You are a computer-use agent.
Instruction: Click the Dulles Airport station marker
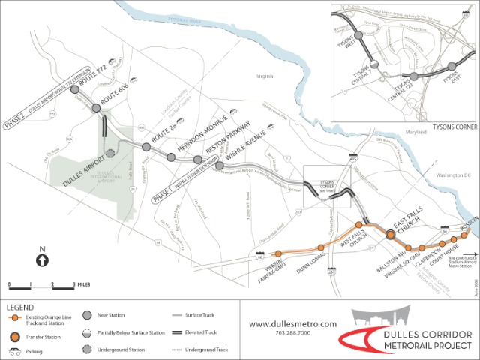[x=111, y=153]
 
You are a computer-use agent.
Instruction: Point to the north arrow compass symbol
[x=43, y=259]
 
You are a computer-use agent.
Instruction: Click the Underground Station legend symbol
[x=88, y=349]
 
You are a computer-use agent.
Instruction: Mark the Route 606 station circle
[x=97, y=109]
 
